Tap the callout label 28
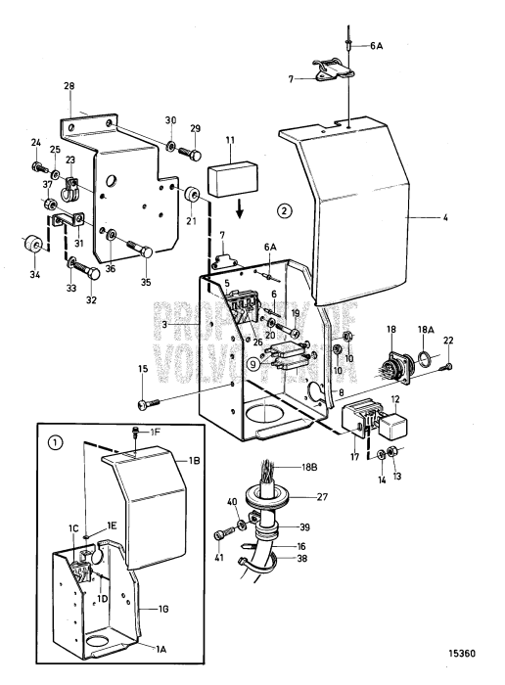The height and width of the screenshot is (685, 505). (69, 87)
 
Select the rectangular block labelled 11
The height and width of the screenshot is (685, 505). (232, 182)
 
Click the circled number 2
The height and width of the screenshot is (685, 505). (284, 209)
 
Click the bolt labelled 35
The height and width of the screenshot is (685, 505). (146, 252)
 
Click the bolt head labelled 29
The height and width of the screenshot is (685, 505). (195, 155)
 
